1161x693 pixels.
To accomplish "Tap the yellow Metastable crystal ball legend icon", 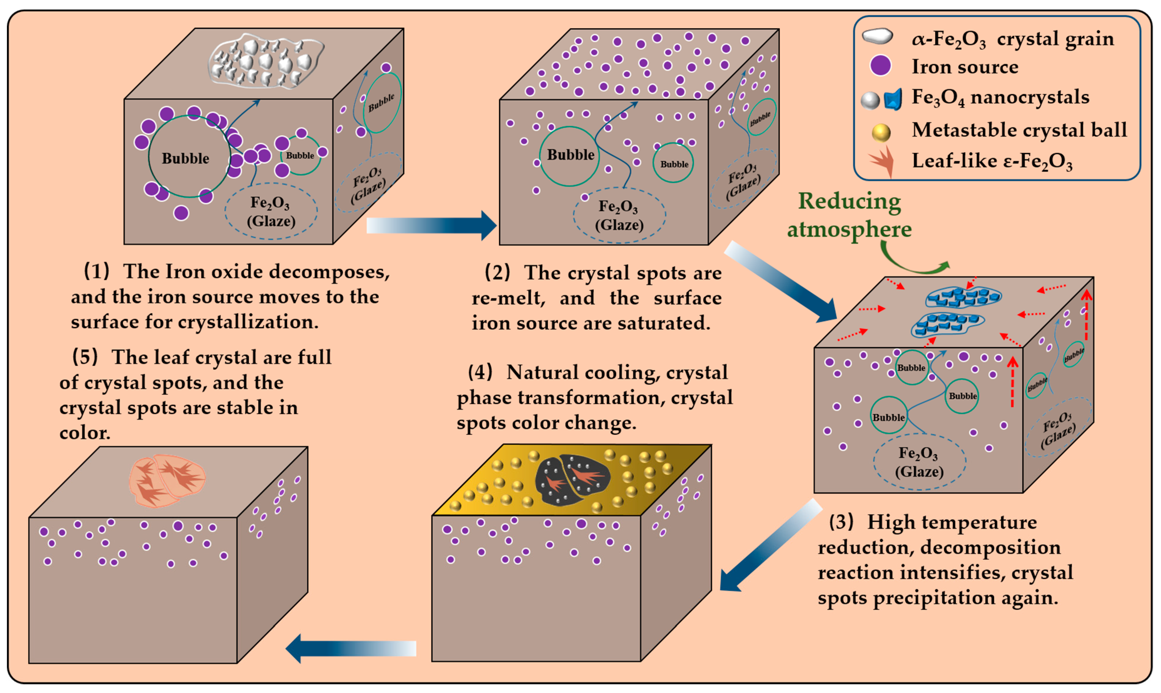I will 881,132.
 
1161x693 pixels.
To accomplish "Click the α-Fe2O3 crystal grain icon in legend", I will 877,36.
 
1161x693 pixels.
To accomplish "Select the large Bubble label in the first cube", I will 185,158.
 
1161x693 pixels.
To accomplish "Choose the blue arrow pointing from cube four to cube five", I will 350,648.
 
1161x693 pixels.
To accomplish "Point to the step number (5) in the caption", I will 85,357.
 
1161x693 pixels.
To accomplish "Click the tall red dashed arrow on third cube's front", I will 1012,382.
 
